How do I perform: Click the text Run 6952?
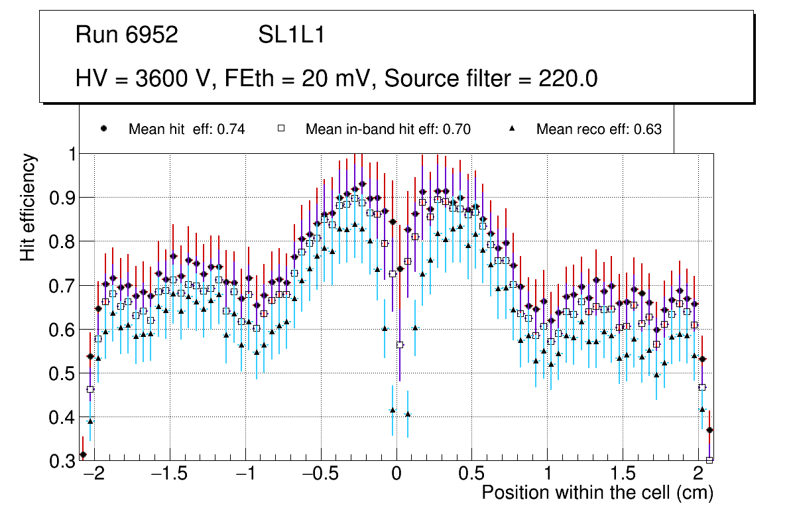pyautogui.click(x=127, y=35)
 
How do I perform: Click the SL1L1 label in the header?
pyautogui.click(x=291, y=35)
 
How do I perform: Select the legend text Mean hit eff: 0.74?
pyautogui.click(x=187, y=129)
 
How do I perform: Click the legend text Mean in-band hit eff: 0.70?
pyautogui.click(x=388, y=129)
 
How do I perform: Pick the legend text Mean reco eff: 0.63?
pyautogui.click(x=599, y=129)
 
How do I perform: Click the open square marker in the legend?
pyautogui.click(x=280, y=129)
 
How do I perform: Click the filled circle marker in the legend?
pyautogui.click(x=103, y=129)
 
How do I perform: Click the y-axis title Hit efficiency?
pyautogui.click(x=28, y=207)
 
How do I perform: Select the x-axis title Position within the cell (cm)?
pyautogui.click(x=597, y=493)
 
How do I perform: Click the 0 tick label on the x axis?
pyautogui.click(x=396, y=475)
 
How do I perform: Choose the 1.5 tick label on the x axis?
pyautogui.click(x=623, y=475)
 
